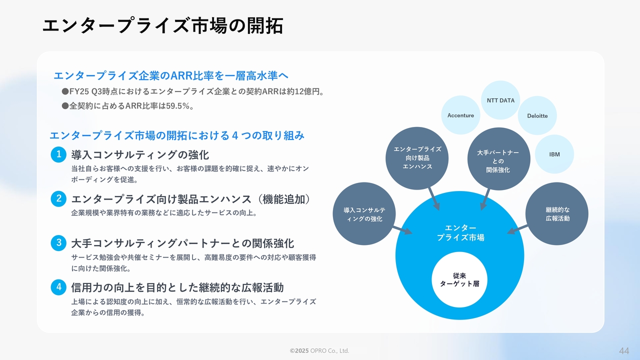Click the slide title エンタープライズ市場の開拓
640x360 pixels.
(x=163, y=25)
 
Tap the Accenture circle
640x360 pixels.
(x=460, y=115)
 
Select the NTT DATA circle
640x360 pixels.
(x=500, y=100)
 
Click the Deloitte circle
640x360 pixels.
(x=537, y=115)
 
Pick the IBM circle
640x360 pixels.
(x=554, y=154)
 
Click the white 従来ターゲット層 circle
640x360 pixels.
(x=459, y=279)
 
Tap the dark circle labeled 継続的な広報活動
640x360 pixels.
(x=557, y=213)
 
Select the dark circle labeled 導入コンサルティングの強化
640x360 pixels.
(x=364, y=213)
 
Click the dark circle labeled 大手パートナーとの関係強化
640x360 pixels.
(x=499, y=159)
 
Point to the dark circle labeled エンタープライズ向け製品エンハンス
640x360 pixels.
(x=417, y=158)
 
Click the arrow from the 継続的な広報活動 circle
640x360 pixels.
(x=517, y=229)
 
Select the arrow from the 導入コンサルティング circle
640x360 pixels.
(x=402, y=230)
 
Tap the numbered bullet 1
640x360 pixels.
(x=58, y=154)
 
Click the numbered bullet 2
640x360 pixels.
(x=58, y=199)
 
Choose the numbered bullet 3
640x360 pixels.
(x=58, y=243)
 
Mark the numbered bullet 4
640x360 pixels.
(x=58, y=287)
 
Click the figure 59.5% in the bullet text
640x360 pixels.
(x=178, y=106)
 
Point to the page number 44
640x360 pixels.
(x=624, y=351)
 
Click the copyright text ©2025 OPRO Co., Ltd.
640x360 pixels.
(x=319, y=350)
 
